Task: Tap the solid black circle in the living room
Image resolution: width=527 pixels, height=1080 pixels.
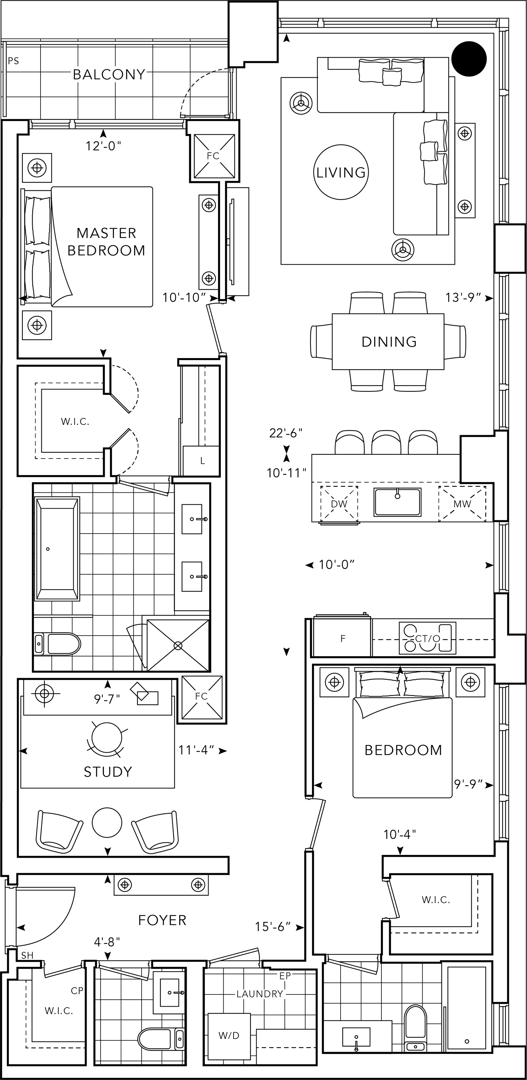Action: [x=469, y=59]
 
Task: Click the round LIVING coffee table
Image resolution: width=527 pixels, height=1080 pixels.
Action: [x=341, y=172]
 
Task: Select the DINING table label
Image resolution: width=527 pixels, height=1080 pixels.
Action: [x=389, y=342]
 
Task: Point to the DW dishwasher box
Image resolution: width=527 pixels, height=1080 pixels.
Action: [x=339, y=504]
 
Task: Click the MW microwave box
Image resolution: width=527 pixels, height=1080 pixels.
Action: [x=462, y=504]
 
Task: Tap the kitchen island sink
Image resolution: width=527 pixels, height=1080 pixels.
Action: [x=397, y=502]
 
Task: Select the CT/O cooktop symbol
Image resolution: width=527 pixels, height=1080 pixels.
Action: [x=427, y=639]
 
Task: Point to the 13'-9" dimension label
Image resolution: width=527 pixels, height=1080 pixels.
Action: [x=463, y=298]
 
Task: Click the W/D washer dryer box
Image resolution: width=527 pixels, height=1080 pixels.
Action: [x=229, y=1036]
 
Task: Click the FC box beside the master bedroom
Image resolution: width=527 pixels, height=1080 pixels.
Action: [x=213, y=156]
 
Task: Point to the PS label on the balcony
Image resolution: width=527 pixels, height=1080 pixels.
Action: [x=14, y=61]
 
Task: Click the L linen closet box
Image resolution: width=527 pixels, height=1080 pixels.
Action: [x=202, y=461]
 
